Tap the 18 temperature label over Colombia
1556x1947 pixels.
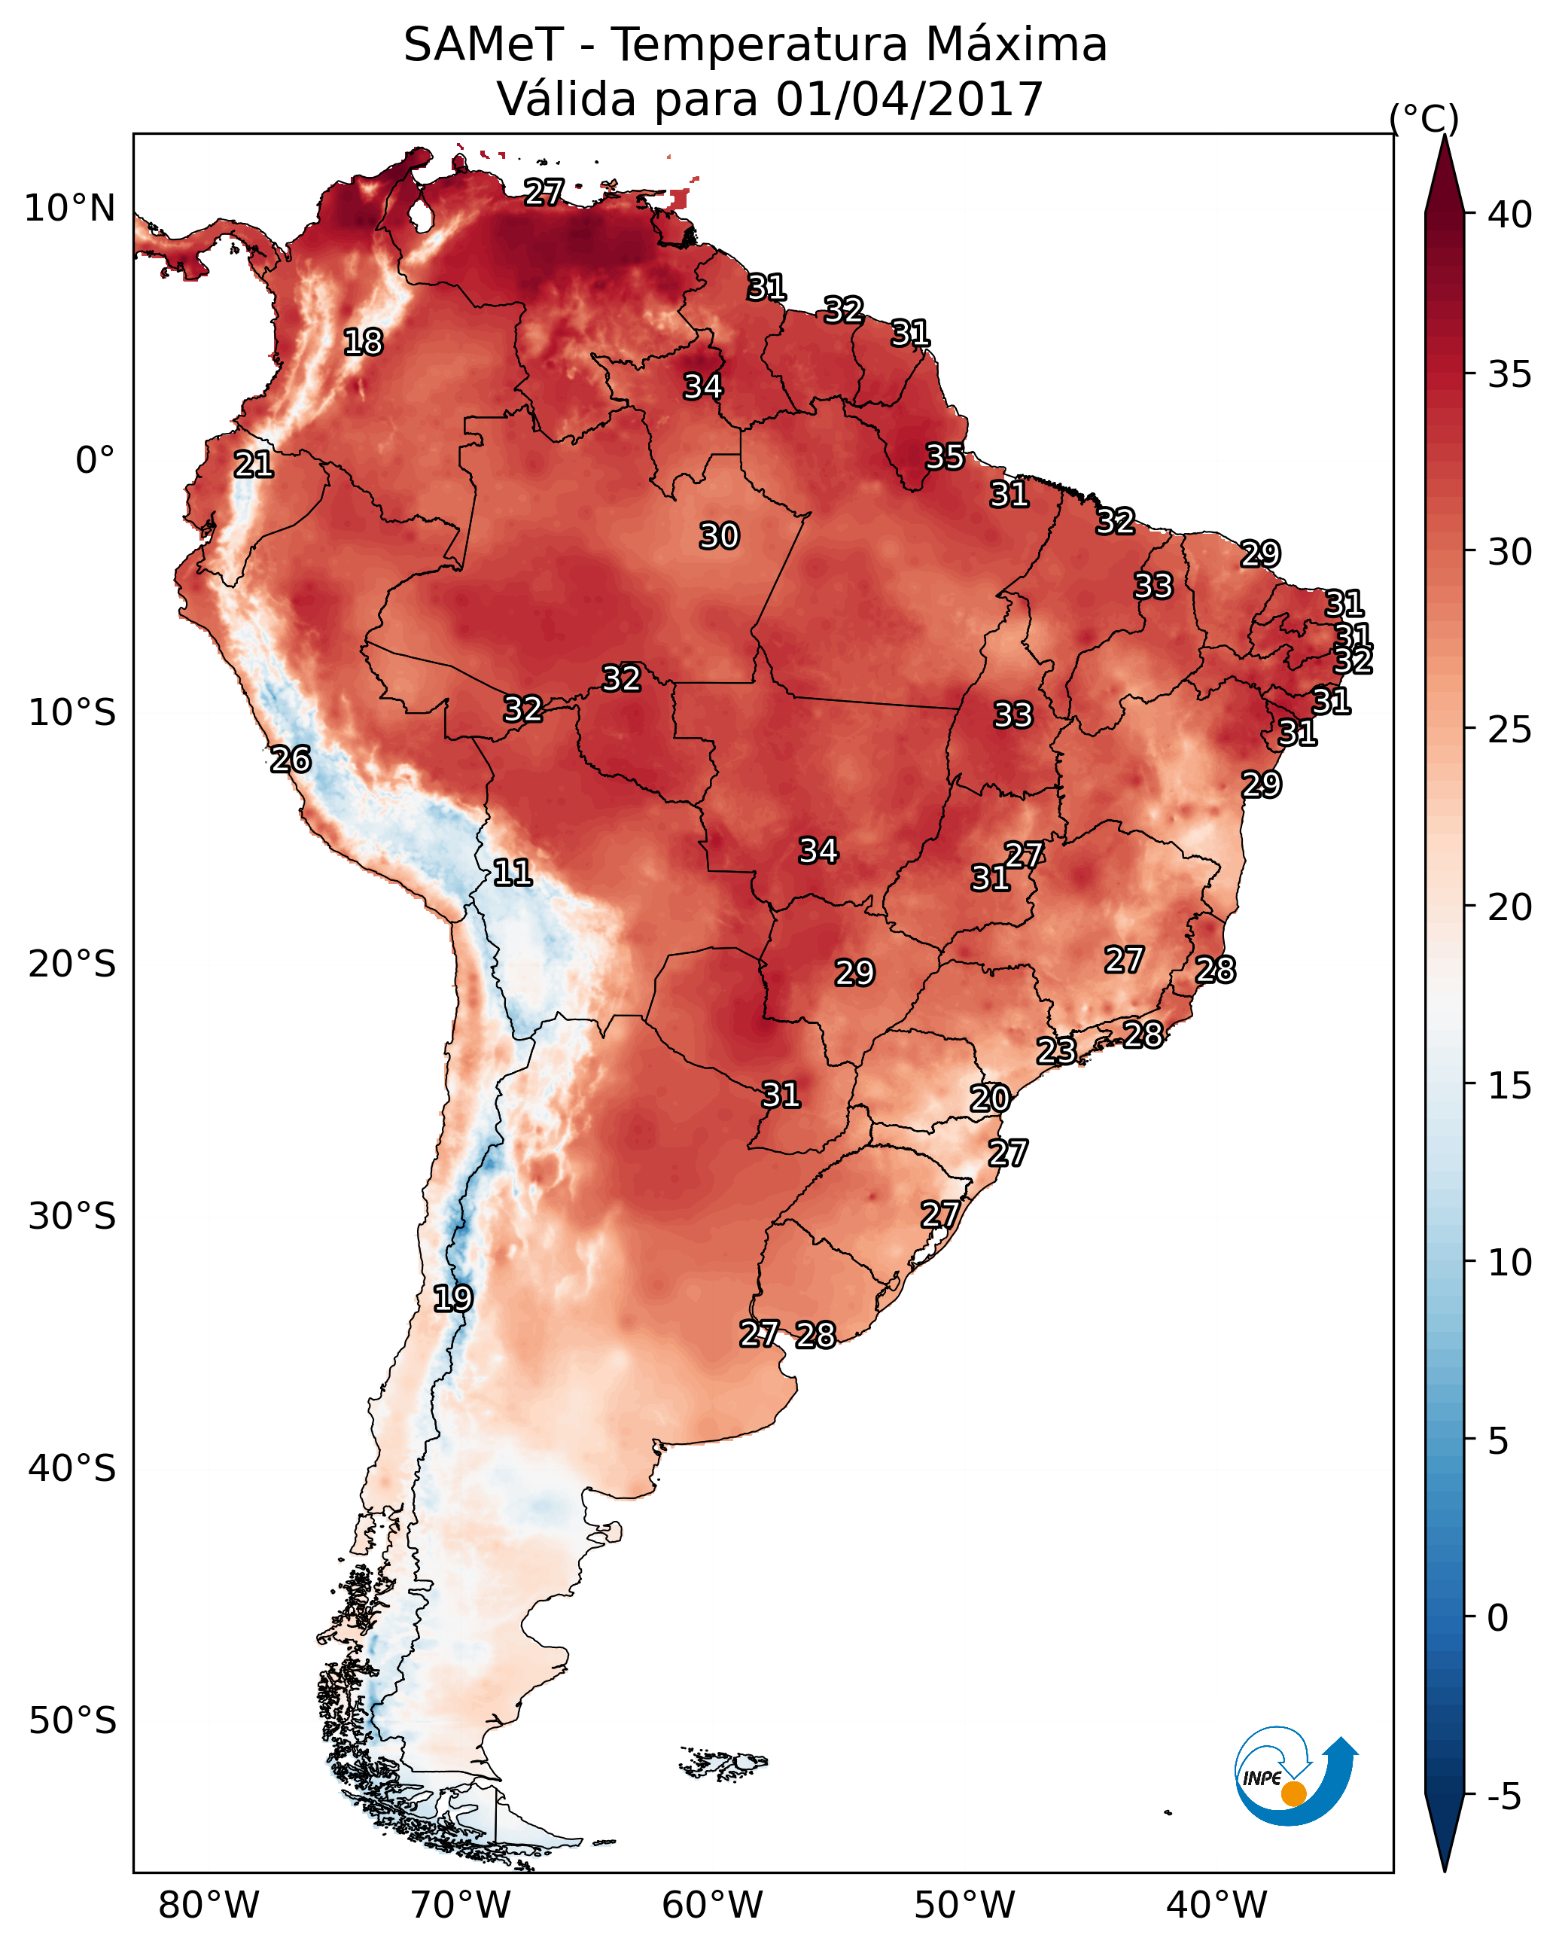[363, 343]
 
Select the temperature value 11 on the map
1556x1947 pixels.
[512, 873]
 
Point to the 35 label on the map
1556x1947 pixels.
[945, 457]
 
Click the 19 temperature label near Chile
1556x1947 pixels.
[452, 1299]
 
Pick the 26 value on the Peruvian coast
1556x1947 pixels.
[291, 760]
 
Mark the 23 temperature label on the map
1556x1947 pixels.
[1055, 1050]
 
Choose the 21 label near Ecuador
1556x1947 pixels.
[254, 465]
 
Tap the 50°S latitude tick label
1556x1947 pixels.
[72, 1720]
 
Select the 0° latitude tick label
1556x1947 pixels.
[96, 461]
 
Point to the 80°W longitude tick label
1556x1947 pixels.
[209, 1905]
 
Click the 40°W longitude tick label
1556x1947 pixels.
[1216, 1905]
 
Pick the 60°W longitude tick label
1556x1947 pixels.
[713, 1905]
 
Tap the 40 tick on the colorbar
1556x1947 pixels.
[1510, 215]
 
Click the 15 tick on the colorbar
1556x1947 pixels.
[1510, 1086]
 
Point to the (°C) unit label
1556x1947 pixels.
[1424, 118]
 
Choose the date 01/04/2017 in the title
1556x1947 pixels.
[909, 99]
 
